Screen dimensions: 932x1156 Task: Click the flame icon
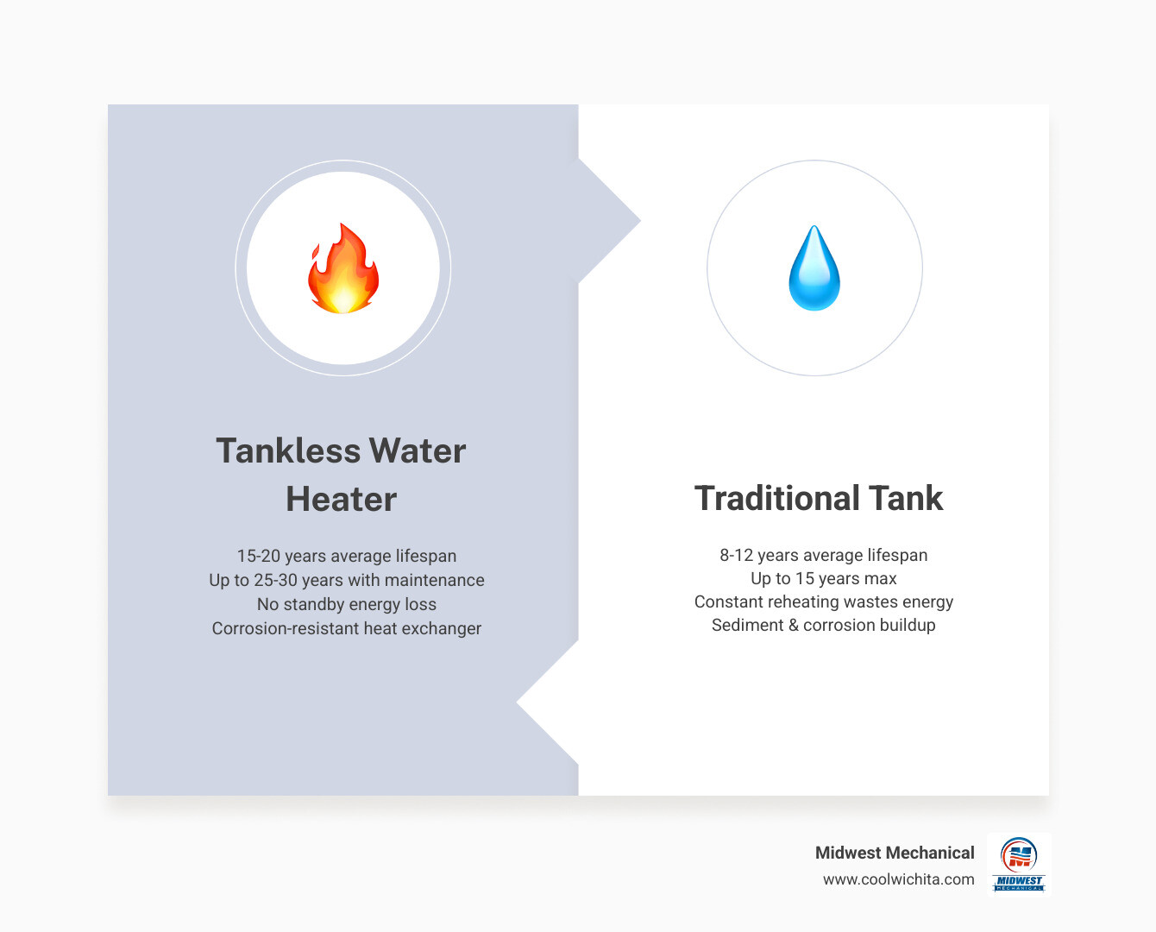[343, 268]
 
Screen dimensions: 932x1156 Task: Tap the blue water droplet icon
[814, 268]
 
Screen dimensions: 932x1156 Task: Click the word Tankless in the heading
[288, 451]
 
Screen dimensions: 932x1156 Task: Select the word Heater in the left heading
[342, 500]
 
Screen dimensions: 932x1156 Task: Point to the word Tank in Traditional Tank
[906, 499]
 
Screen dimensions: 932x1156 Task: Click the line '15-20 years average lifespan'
[347, 557]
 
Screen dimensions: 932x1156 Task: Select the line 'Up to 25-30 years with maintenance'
[347, 581]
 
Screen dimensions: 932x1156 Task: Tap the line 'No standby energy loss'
[347, 605]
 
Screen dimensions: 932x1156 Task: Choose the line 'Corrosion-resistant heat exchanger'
[347, 629]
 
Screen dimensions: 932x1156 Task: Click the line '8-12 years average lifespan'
[824, 556]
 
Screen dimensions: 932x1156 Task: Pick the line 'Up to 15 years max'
[824, 579]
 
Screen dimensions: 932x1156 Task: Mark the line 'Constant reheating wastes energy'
[824, 602]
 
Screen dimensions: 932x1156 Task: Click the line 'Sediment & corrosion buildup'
[824, 626]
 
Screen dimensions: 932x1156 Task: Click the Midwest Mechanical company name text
[895, 853]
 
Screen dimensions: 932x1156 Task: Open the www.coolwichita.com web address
[898, 879]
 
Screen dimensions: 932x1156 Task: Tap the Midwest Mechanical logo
[1019, 864]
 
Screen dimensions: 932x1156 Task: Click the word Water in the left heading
[418, 451]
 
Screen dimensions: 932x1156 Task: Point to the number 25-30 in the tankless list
[276, 581]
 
